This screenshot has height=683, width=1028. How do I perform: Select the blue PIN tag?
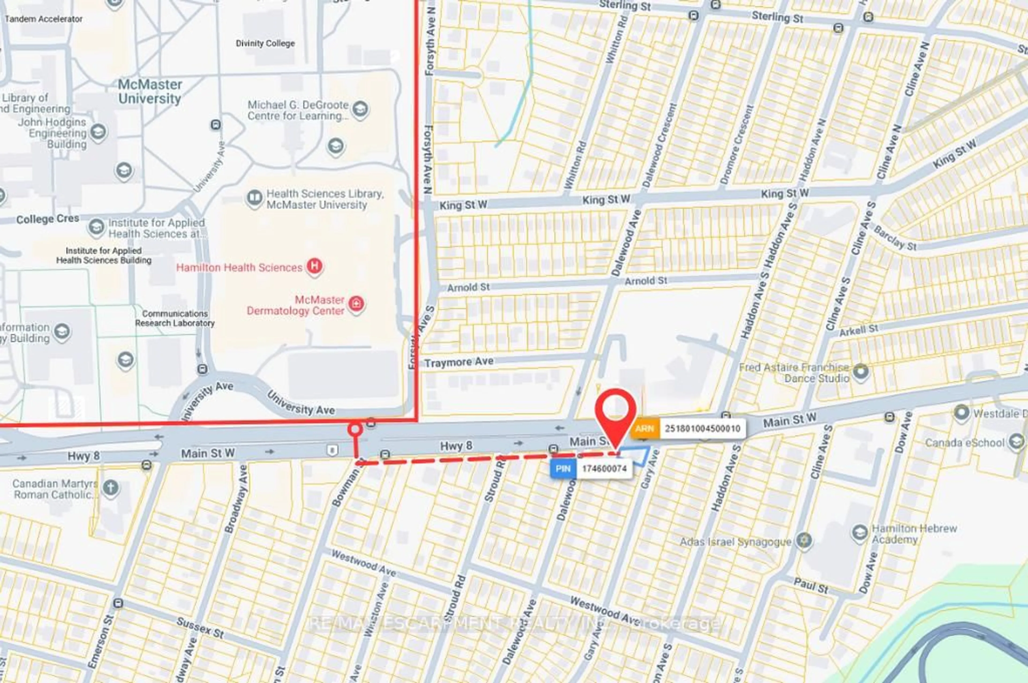(563, 469)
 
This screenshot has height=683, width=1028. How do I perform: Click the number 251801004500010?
(702, 429)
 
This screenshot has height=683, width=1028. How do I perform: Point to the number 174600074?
(603, 469)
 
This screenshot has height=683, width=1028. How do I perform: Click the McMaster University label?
(150, 91)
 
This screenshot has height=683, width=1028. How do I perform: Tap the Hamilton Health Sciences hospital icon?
(315, 266)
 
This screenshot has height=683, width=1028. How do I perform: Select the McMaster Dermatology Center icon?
(357, 305)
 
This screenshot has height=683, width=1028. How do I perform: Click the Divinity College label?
(265, 44)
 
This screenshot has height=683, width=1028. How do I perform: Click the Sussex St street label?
(200, 628)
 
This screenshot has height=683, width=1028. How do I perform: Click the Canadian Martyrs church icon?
(111, 488)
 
